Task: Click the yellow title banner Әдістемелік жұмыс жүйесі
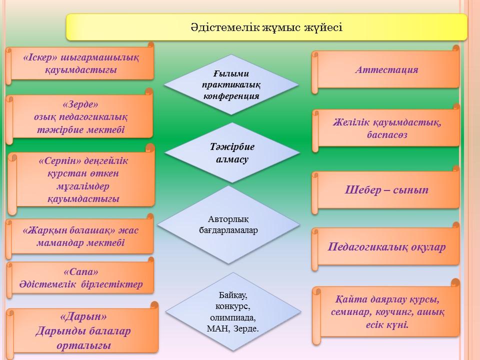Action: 266,27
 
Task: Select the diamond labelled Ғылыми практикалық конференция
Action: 231,85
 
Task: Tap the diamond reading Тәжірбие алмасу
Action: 231,153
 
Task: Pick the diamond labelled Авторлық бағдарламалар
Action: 228,224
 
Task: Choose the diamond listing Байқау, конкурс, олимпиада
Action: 233,311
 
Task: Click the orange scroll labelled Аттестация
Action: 385,69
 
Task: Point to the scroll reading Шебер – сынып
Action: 385,190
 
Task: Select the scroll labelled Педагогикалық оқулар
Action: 385,246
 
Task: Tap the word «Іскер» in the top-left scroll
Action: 40,57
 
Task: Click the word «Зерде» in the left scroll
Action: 80,104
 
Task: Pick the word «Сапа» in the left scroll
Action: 81,271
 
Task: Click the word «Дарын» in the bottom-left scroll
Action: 83,316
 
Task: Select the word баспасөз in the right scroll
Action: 387,134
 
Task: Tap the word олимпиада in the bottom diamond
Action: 233,317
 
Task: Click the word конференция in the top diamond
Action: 231,96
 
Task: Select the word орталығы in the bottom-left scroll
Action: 83,345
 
